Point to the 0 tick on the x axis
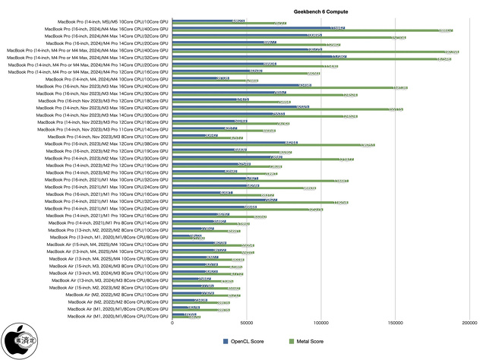coord(173,324)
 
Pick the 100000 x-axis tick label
coord(321,324)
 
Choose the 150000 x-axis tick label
coord(395,324)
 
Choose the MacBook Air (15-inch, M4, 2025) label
coord(111,244)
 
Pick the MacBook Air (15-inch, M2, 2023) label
coord(111,287)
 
